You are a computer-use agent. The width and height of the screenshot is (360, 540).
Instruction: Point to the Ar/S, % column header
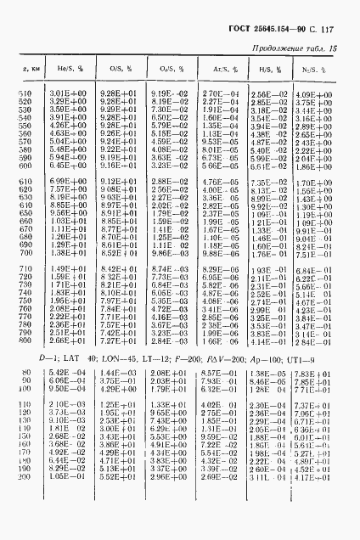coord(214,67)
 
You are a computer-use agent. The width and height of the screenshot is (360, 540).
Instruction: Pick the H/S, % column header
coord(266,67)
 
